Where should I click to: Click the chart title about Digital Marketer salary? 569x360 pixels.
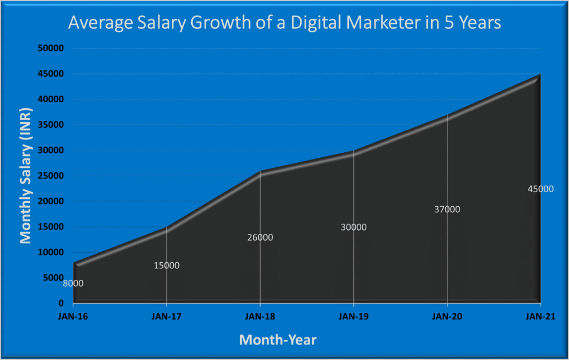click(x=284, y=23)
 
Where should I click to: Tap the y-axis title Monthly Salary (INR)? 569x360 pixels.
click(x=26, y=175)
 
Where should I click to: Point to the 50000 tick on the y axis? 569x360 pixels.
click(x=53, y=48)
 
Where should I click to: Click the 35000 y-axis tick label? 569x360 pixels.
click(x=53, y=125)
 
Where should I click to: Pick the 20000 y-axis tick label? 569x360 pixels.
click(x=53, y=202)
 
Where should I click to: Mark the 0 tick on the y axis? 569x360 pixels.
click(x=62, y=303)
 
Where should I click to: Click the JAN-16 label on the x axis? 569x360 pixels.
click(x=73, y=316)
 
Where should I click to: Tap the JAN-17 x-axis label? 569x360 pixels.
click(x=166, y=316)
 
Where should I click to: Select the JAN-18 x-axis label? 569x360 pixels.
click(x=260, y=316)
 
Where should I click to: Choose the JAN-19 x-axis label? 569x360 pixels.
click(x=353, y=316)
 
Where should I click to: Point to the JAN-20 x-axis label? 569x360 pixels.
click(x=447, y=316)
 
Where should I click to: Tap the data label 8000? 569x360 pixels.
click(x=73, y=283)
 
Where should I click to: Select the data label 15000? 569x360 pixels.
click(x=166, y=266)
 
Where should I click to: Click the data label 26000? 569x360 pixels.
click(x=260, y=237)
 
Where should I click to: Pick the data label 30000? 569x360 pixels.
click(x=353, y=227)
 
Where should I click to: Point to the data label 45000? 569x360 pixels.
click(x=540, y=189)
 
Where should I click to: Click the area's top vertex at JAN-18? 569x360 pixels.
click(x=260, y=172)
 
